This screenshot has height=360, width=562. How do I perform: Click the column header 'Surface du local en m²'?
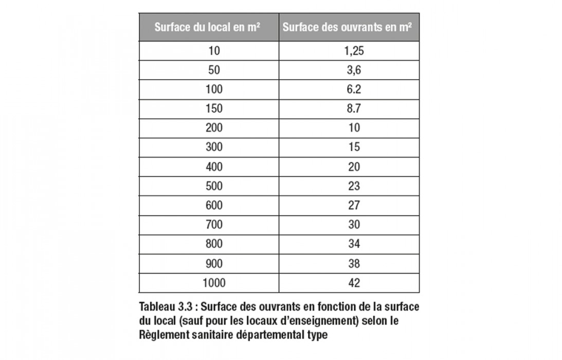click(209, 28)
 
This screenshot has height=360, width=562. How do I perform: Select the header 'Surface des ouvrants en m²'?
click(349, 28)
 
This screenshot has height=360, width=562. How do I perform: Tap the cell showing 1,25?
click(349, 50)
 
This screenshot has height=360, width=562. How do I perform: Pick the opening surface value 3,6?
click(349, 70)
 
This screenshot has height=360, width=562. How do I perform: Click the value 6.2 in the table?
click(349, 89)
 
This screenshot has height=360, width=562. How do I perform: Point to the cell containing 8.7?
click(349, 109)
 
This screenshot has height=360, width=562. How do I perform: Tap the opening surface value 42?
click(349, 282)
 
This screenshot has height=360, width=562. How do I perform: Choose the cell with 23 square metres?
click(349, 186)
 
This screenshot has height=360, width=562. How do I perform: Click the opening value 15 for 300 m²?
click(349, 147)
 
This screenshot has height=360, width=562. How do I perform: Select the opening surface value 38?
click(349, 263)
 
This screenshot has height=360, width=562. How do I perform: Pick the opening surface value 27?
click(349, 205)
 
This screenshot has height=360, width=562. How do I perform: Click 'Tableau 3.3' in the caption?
click(165, 307)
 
